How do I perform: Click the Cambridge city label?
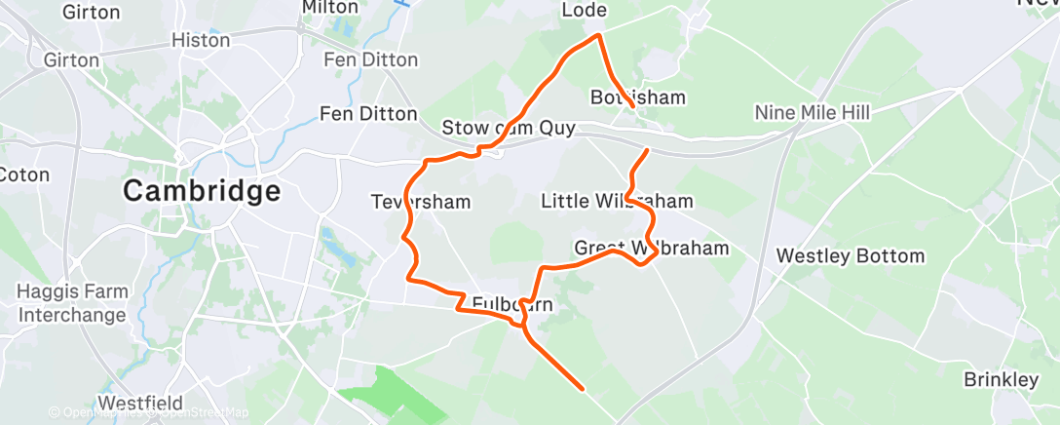(x=202, y=191)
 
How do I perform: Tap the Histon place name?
(x=200, y=41)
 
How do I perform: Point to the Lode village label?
(x=585, y=11)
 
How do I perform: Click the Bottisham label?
(x=638, y=97)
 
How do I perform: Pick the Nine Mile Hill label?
(x=812, y=113)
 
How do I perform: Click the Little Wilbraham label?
(x=617, y=202)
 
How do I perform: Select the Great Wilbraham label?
(x=651, y=248)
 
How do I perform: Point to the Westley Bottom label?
(x=850, y=256)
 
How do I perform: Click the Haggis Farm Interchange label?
(x=72, y=303)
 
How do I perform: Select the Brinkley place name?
(x=1001, y=379)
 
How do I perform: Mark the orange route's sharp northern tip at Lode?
(x=598, y=36)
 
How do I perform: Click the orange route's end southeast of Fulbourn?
(x=582, y=389)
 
